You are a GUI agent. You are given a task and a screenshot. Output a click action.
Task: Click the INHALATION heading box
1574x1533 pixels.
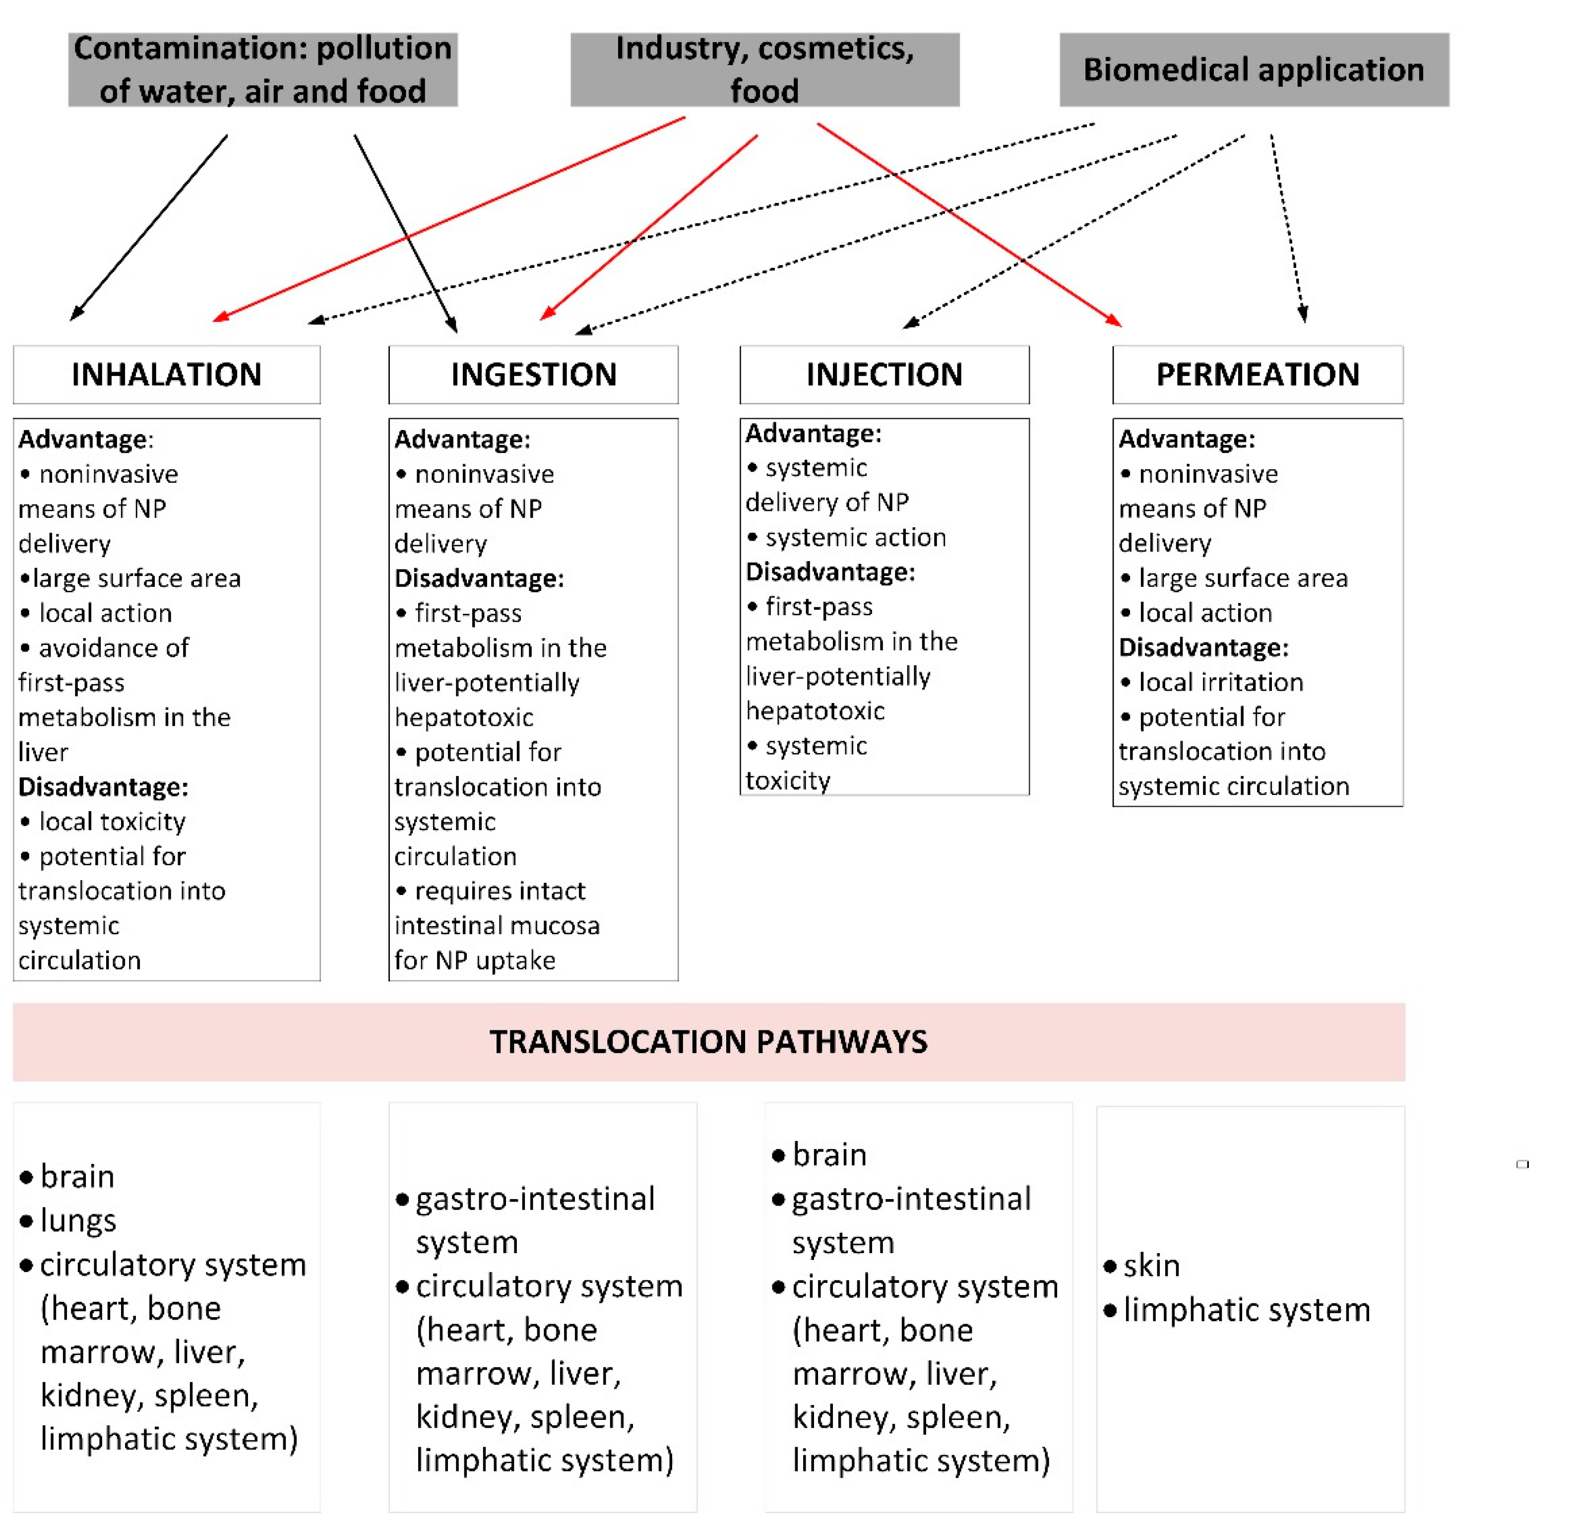pos(167,375)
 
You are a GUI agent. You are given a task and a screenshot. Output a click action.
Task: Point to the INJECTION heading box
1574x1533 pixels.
pos(884,375)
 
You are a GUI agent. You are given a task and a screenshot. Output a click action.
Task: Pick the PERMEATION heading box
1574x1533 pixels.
pos(1257,375)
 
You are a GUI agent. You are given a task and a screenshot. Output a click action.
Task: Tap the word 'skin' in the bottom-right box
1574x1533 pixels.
pos(1151,1266)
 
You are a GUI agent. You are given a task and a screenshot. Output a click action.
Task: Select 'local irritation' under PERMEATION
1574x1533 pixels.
pos(1220,682)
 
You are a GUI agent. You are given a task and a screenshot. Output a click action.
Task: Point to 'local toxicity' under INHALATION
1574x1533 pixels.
pos(112,821)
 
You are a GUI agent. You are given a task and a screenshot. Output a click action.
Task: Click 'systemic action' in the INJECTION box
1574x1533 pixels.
pos(855,537)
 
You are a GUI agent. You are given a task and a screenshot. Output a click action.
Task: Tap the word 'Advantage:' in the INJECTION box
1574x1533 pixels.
pos(813,433)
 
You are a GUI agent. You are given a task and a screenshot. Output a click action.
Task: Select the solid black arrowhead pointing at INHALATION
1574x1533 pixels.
pos(76,315)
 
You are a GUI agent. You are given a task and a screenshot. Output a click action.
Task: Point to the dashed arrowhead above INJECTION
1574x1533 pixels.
pos(910,323)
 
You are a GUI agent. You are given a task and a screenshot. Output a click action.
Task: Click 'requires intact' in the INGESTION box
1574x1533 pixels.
pos(500,891)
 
